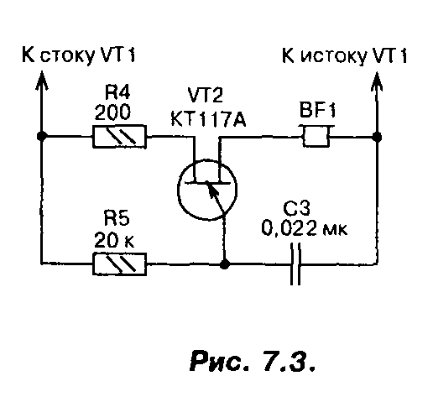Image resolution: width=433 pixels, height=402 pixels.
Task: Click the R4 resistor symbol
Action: coord(119,137)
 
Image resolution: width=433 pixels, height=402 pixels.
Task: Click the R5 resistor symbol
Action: coord(119,264)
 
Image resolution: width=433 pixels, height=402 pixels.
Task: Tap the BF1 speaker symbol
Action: coord(316,136)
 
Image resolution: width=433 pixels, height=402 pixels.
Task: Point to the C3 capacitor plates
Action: coord(295,264)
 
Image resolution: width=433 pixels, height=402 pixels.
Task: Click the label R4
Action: coord(117,91)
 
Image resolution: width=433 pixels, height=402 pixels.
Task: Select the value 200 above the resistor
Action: coord(112,112)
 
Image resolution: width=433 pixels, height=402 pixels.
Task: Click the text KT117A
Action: coord(208,119)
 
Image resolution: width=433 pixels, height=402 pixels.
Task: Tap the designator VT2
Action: coord(205,95)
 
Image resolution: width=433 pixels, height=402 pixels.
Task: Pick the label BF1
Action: coord(317,110)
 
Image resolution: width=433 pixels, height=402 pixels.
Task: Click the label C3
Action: coord(296,209)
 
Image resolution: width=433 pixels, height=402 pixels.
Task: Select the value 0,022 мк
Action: coord(305,228)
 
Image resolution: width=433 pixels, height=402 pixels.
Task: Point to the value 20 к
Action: coord(114,240)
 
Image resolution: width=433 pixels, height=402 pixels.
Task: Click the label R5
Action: coord(117,217)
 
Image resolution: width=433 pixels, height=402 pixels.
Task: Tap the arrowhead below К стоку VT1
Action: coord(42,81)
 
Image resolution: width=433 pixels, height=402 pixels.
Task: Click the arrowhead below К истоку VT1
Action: coord(377,81)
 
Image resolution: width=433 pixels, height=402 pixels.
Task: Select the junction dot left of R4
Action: coord(42,136)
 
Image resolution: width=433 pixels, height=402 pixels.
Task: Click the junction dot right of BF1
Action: coord(377,137)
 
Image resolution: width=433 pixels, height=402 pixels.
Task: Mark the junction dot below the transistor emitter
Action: coord(224,264)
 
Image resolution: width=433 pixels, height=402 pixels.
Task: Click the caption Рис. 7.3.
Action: coord(253,361)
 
